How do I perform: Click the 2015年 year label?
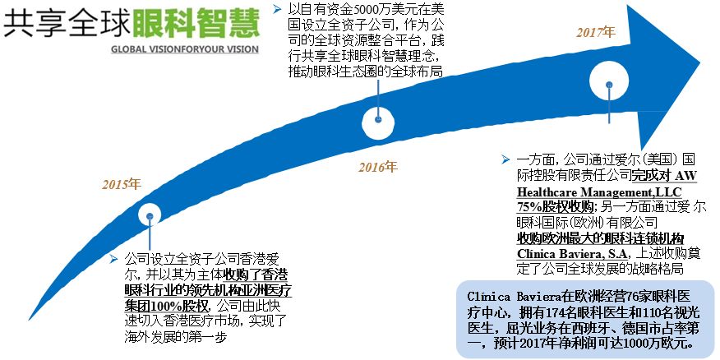point(121,183)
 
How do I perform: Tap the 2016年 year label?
point(376,167)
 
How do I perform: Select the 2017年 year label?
point(595,32)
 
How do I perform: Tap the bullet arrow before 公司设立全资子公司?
point(113,258)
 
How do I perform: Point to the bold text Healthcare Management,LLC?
point(593,191)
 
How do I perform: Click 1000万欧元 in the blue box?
point(659,344)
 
